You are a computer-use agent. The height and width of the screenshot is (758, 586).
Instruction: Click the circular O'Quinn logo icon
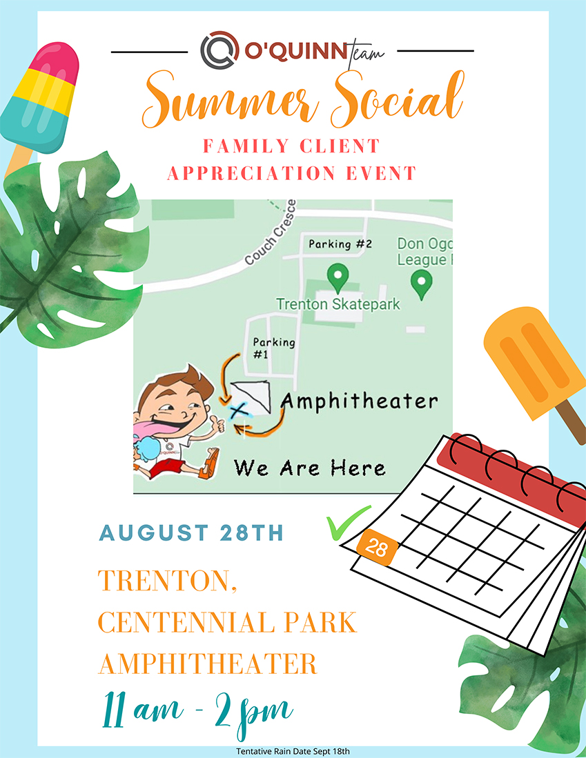point(219,49)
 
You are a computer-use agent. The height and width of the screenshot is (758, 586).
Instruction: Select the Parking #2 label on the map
point(340,243)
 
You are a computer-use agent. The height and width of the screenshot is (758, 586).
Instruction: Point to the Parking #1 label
point(274,348)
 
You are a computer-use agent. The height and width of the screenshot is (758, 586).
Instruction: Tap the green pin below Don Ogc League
point(422,284)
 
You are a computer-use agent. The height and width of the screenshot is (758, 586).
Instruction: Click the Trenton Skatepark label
point(338,304)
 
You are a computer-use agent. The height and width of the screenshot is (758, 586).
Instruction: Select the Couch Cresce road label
point(270,232)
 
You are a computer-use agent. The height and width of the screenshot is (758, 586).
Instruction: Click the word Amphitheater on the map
point(359,401)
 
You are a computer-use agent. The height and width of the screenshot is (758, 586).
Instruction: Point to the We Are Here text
point(310,468)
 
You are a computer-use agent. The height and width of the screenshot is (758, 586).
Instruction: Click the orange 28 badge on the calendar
point(377,548)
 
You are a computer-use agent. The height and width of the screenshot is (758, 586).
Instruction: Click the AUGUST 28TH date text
point(191,532)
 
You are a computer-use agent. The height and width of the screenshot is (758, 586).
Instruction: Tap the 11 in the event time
point(113,710)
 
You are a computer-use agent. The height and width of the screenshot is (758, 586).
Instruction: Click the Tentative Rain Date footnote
point(293,751)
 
